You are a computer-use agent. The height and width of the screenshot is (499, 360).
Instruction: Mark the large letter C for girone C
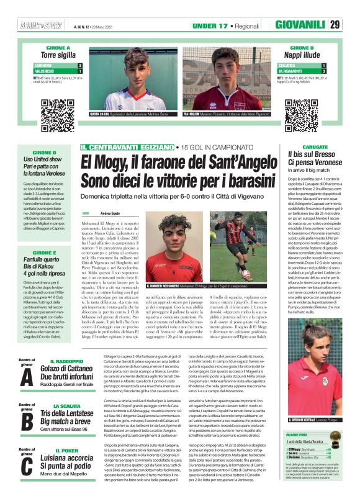26,465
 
